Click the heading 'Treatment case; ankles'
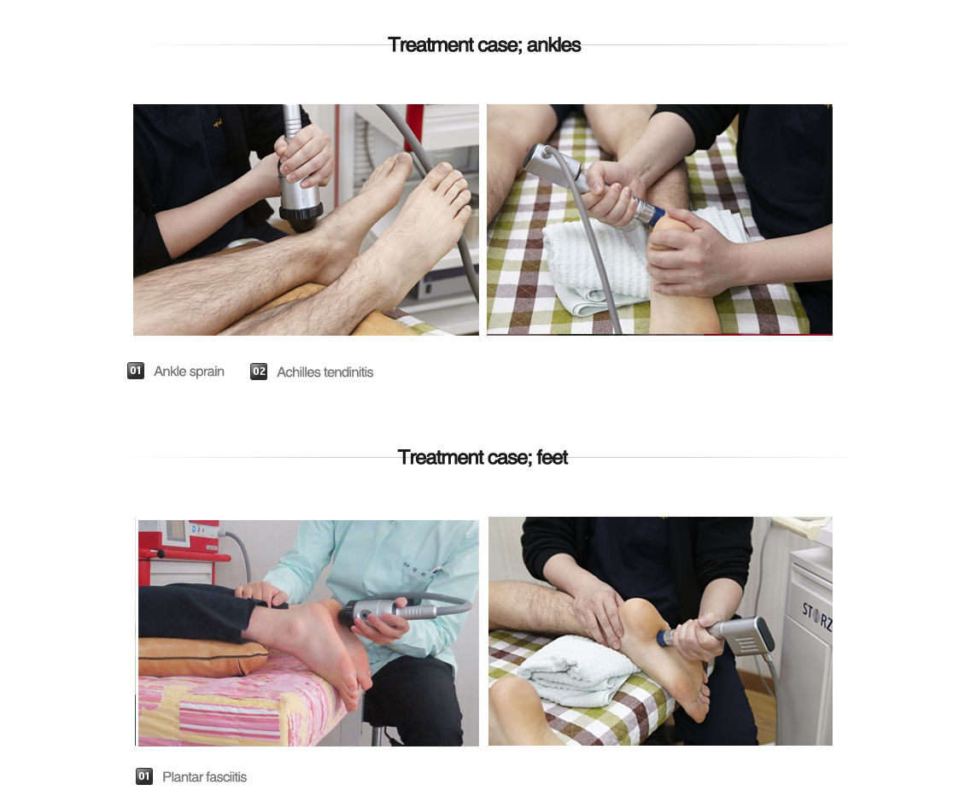pyautogui.click(x=484, y=45)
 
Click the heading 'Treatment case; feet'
pyautogui.click(x=482, y=457)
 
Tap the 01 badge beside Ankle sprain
pyautogui.click(x=136, y=371)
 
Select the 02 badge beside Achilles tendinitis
pyautogui.click(x=259, y=371)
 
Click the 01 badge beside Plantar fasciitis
pyautogui.click(x=144, y=776)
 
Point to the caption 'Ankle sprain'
pyautogui.click(x=189, y=371)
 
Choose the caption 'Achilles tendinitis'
pyautogui.click(x=325, y=372)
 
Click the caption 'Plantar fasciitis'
pyautogui.click(x=204, y=776)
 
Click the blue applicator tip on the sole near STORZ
pyautogui.click(x=664, y=638)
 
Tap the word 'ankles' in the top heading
pyautogui.click(x=554, y=45)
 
